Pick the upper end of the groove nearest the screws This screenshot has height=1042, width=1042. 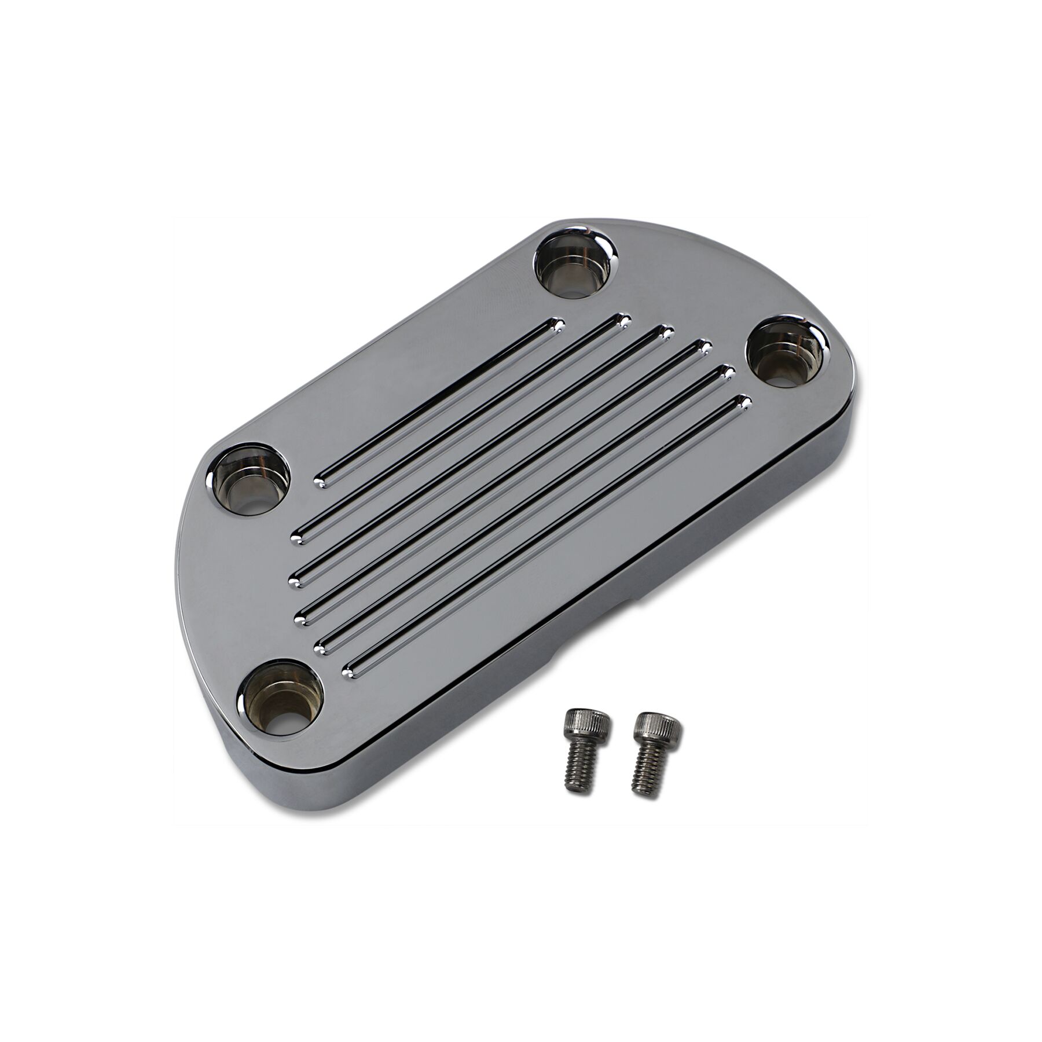pyautogui.click(x=744, y=401)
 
